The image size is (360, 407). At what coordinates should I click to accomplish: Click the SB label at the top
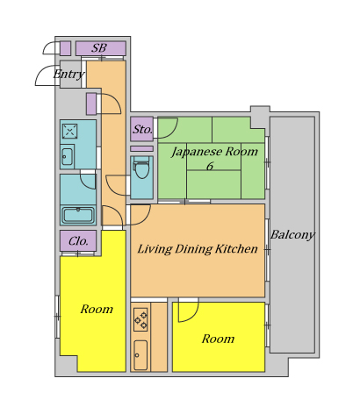pos(99,48)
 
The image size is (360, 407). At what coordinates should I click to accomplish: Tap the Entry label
pos(69,75)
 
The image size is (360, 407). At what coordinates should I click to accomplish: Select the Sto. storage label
pos(142,129)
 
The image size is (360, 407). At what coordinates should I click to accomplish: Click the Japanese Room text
pos(214,152)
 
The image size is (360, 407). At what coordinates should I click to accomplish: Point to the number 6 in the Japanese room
pos(210,166)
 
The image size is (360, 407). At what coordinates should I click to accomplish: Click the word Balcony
pos(292,234)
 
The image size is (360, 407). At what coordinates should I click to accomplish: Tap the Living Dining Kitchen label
pos(198,249)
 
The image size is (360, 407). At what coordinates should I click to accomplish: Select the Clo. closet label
pos(78,241)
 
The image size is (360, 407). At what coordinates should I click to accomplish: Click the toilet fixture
pos(141,168)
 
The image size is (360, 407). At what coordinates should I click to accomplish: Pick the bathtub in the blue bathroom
pos(78,215)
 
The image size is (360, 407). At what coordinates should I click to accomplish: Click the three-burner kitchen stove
pos(140,319)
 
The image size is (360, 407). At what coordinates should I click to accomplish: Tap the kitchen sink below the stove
pos(140,355)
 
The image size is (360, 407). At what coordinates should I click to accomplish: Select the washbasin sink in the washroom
pos(68,156)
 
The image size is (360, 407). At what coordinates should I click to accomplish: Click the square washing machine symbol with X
pos(69,131)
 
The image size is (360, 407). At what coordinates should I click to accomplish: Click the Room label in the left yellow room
pos(97,309)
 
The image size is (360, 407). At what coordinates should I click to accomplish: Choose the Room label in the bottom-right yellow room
pos(218,339)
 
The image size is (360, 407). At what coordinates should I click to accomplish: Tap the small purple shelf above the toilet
pos(141,149)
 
